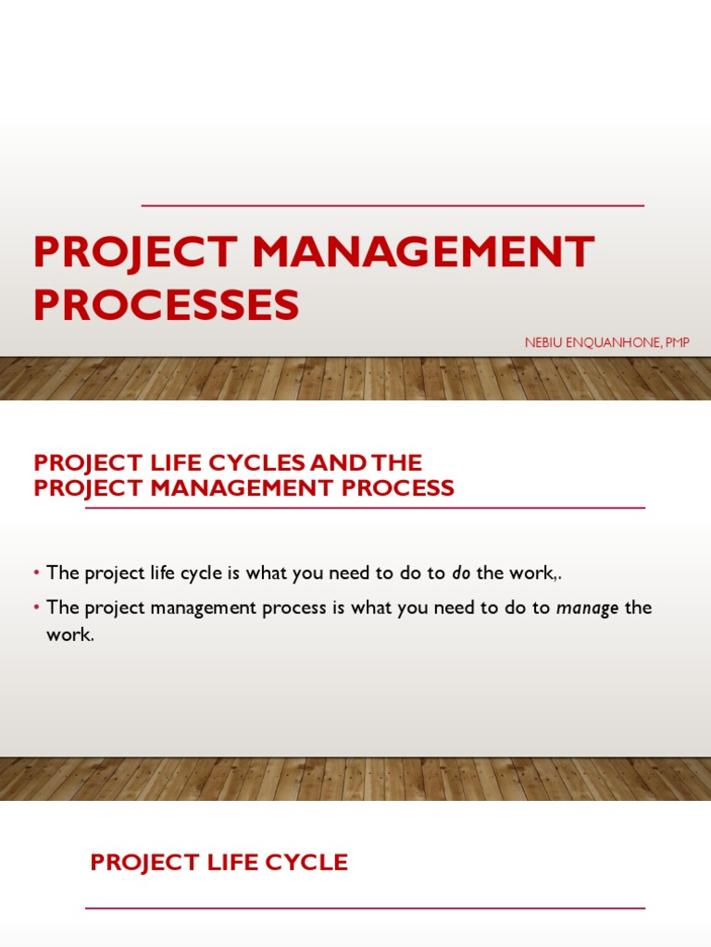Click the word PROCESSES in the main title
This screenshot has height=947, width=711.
(167, 304)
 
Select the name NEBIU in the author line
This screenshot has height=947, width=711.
(544, 343)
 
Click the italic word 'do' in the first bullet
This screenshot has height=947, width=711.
(461, 573)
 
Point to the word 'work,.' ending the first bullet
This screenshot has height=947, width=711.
(536, 573)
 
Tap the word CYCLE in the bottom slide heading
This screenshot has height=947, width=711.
(304, 863)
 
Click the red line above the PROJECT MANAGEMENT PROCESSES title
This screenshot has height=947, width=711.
(393, 205)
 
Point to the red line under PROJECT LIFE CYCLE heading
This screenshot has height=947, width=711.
(365, 908)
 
